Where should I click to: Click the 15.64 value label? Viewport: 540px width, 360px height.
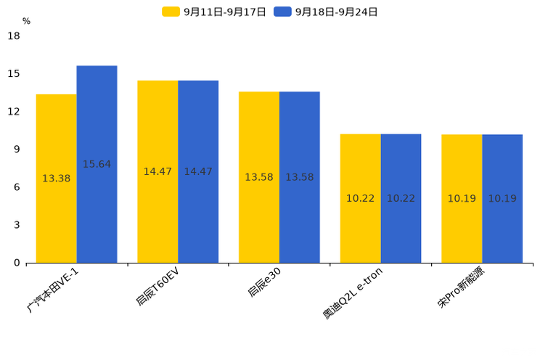[97, 165]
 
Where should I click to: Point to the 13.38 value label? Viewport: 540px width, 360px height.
[57, 179]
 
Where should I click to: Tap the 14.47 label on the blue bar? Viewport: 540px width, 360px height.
[198, 172]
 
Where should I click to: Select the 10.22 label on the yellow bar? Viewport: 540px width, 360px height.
[360, 199]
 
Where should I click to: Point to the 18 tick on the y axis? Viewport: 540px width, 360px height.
[14, 36]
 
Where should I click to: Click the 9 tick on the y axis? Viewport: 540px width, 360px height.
[17, 150]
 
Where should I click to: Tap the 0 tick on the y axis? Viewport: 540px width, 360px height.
[17, 263]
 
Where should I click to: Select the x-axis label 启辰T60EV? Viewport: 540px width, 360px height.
[157, 286]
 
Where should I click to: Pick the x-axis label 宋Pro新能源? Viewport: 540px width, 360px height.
[462, 288]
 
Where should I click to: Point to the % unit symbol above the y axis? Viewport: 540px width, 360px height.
[26, 22]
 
